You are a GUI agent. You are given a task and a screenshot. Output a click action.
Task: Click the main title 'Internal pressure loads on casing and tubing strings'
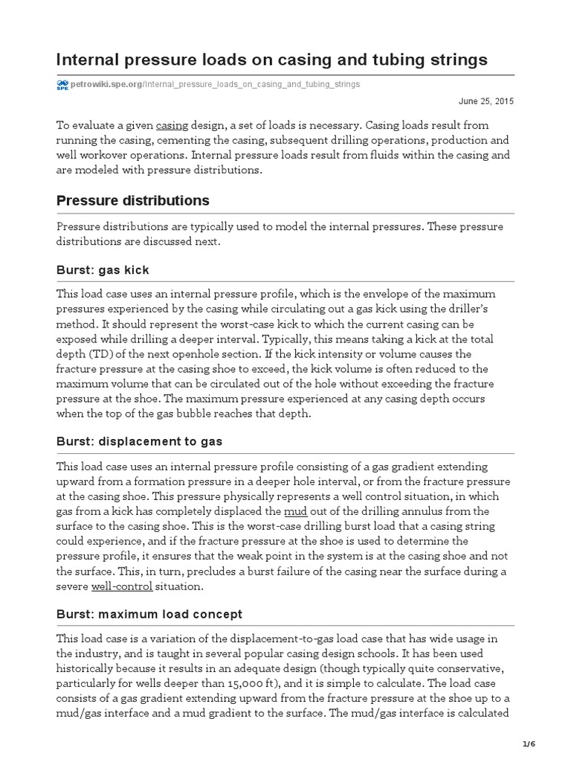click(x=272, y=60)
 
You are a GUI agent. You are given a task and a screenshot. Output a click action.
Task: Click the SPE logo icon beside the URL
click(x=62, y=85)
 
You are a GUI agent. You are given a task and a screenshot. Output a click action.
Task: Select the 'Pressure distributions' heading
click(x=133, y=201)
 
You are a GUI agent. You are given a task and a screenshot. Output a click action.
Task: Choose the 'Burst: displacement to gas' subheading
click(x=139, y=441)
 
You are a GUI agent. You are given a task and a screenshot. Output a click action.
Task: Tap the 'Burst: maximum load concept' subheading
click(x=149, y=614)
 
